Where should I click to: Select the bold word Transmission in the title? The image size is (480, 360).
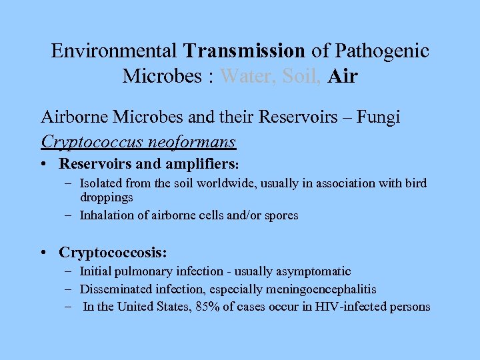pos(245,51)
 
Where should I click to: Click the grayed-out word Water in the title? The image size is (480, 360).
pos(247,76)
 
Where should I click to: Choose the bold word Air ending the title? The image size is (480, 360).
pos(343,76)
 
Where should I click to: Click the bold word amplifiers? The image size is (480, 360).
pos(199,163)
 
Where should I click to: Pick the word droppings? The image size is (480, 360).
pos(107,198)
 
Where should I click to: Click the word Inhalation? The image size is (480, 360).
pos(106,215)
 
